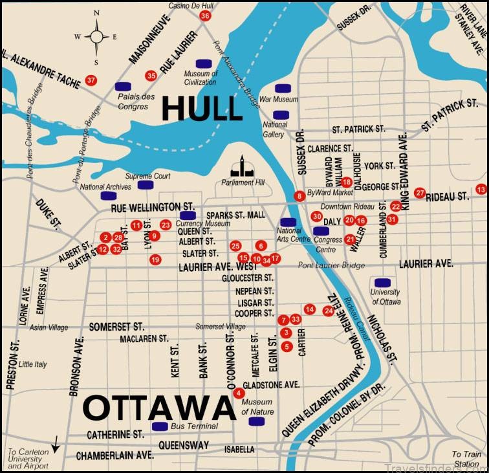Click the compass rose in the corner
(96, 36)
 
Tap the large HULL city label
(201, 108)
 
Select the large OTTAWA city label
(158, 408)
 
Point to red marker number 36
(205, 16)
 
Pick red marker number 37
(91, 81)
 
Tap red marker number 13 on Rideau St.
(480, 189)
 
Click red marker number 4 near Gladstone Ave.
(239, 393)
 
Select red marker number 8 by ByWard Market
(299, 195)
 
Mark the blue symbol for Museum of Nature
(257, 421)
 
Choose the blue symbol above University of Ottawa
(382, 282)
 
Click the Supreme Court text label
(147, 176)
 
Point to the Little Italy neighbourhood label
(33, 364)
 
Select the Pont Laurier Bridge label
(331, 265)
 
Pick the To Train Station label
(466, 459)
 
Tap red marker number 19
(155, 259)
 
